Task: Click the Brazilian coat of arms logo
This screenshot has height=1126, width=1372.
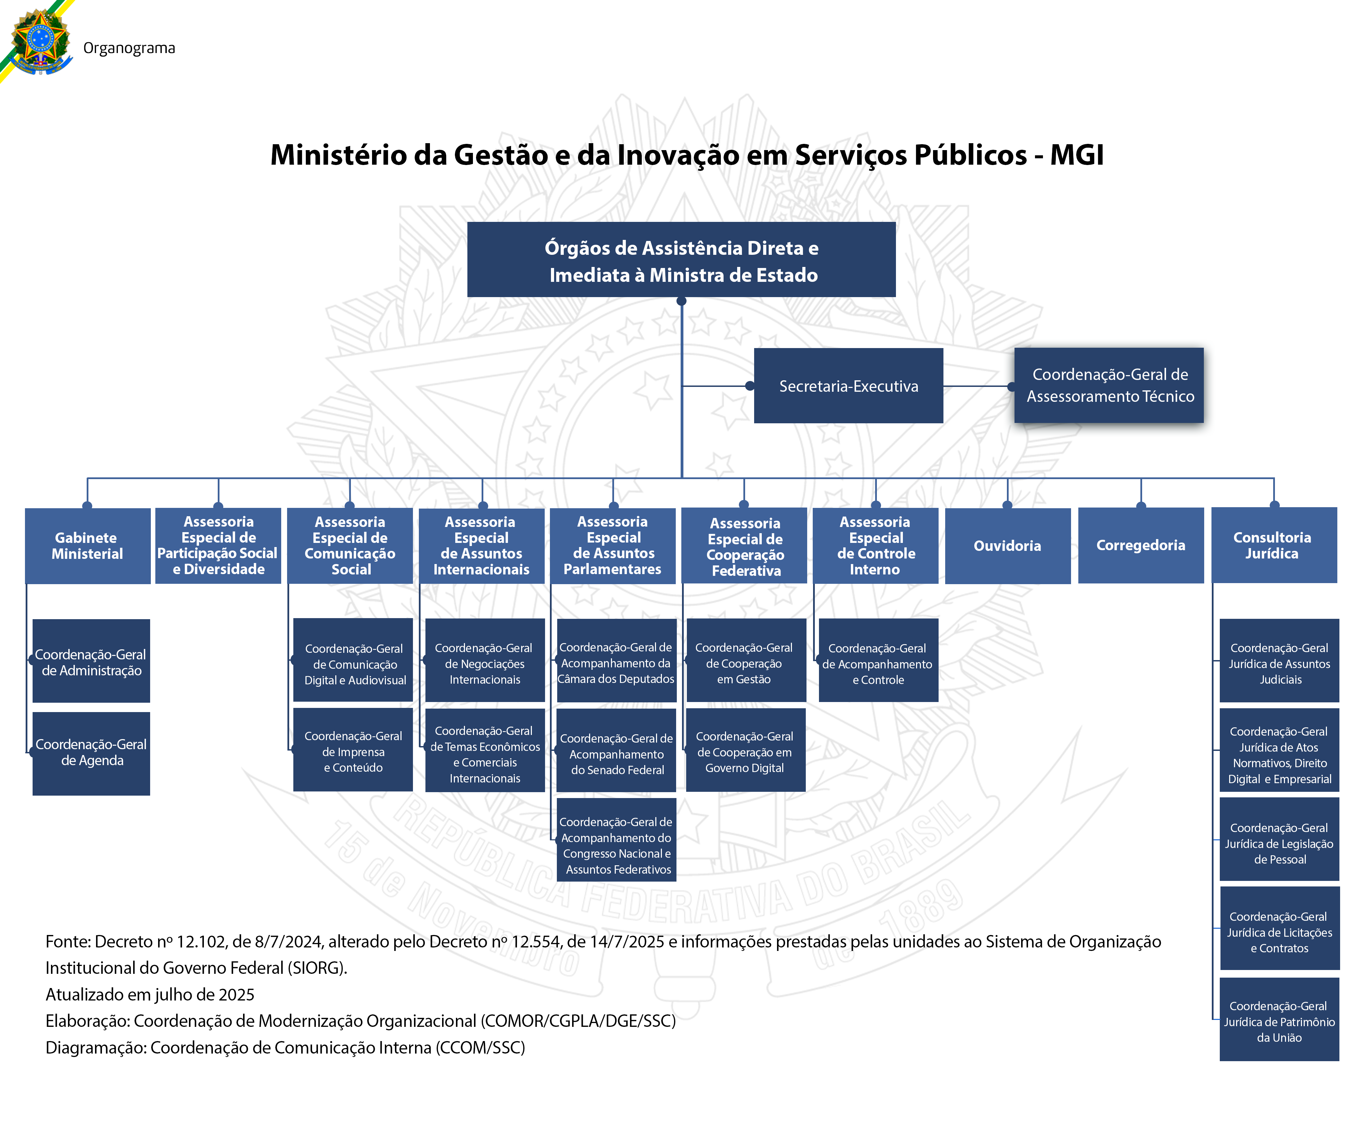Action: [40, 42]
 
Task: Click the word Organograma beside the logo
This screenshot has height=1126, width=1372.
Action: [129, 48]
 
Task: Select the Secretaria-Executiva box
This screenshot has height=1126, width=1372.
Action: [848, 386]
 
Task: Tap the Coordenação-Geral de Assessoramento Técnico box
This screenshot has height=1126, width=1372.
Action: [1109, 385]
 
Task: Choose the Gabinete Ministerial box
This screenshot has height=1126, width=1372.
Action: [88, 545]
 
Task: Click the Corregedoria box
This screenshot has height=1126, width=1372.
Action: [1140, 545]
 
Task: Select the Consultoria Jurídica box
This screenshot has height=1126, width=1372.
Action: [1273, 545]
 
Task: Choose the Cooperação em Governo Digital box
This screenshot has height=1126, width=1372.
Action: [745, 751]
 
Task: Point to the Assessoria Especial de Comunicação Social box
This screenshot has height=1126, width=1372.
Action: [350, 545]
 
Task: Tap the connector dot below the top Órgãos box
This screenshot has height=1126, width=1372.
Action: [681, 301]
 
